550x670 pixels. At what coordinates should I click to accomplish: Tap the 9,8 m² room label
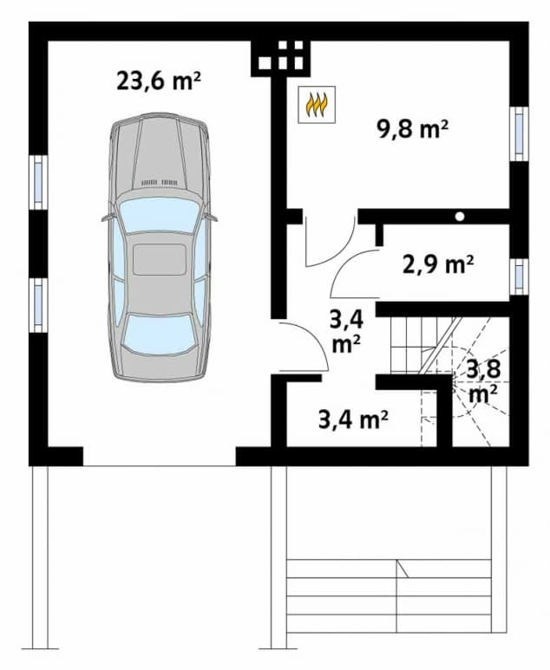(412, 129)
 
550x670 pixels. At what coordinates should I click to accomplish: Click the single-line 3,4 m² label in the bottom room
(352, 421)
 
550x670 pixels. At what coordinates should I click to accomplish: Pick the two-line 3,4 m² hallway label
(344, 330)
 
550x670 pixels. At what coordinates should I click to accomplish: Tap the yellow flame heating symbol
(314, 105)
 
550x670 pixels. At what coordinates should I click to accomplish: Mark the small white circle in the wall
(460, 215)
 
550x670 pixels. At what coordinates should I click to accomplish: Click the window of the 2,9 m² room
(519, 276)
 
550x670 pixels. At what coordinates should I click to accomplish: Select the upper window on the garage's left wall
(38, 181)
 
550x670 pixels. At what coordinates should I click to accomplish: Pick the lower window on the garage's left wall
(38, 304)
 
